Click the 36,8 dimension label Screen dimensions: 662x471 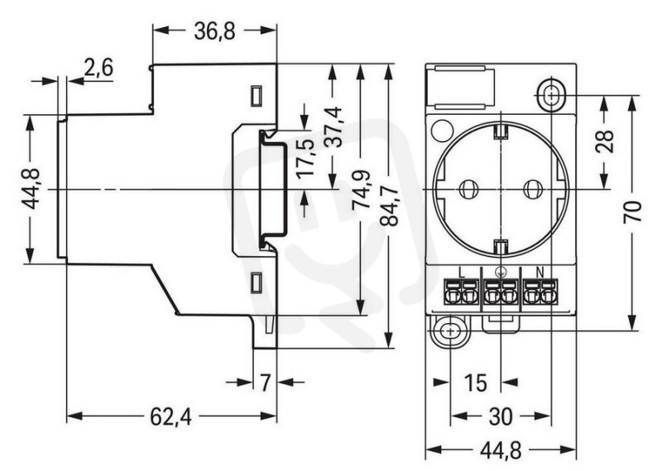point(214,31)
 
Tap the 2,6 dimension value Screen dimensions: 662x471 point(98,68)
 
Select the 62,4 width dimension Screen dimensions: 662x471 point(171,417)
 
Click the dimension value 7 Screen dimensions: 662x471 point(265,383)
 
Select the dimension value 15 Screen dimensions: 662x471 point(475,383)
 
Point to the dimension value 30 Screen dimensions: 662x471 point(501,417)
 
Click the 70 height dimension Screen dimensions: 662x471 point(632,212)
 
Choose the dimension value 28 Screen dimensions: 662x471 point(605,141)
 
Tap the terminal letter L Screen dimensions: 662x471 point(461,273)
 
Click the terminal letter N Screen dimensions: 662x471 point(540,273)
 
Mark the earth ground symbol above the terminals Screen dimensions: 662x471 point(500,273)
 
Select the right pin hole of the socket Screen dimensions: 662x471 point(531,189)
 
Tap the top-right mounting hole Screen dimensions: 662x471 point(551,95)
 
